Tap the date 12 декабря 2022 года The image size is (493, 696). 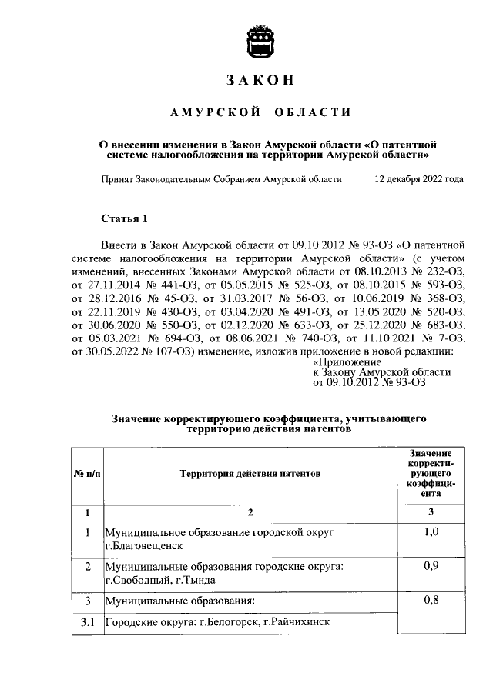tap(419, 179)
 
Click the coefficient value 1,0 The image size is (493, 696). tap(431, 531)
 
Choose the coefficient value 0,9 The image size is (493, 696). tap(431, 567)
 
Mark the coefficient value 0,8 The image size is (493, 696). tap(431, 601)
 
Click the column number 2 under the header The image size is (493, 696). tap(250, 511)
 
